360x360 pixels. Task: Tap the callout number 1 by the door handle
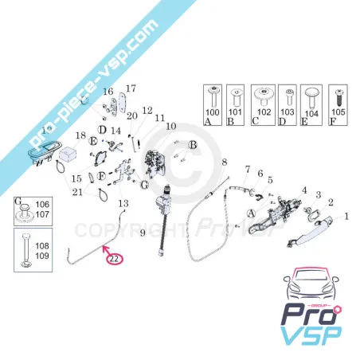[x=346, y=216]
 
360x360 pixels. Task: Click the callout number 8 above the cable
[x=225, y=162]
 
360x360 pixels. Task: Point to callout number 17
[x=131, y=88]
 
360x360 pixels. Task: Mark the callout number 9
[x=143, y=232]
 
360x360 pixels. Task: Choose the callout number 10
[x=170, y=126]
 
